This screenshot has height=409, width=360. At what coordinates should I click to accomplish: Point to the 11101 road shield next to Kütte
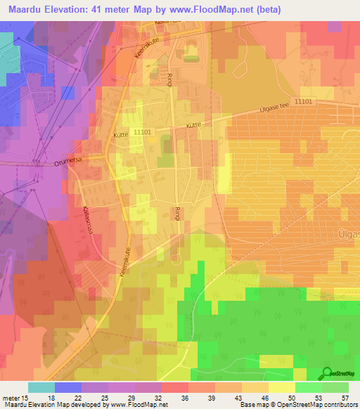point(142,131)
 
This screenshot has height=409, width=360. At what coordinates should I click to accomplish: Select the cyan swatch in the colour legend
point(41,387)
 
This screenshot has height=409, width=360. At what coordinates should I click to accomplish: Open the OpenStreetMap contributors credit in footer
point(319,405)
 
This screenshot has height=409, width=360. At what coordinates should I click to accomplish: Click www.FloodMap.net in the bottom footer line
point(144,405)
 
